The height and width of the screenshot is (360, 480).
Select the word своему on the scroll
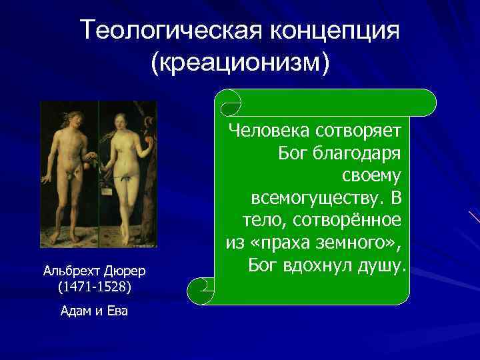tap(371, 175)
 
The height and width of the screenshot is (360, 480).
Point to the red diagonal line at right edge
tap(475, 216)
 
